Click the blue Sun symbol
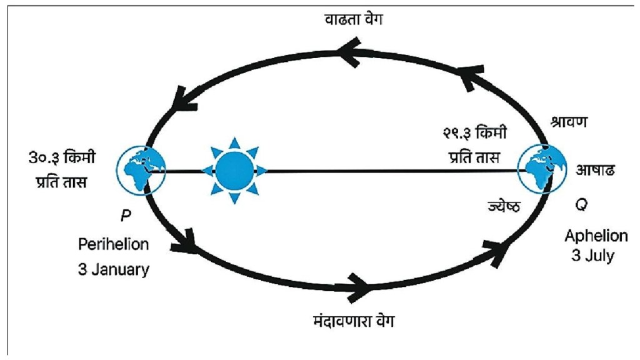click(x=234, y=170)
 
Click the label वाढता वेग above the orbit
click(x=354, y=19)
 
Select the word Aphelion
click(x=596, y=236)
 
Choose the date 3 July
click(x=592, y=256)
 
